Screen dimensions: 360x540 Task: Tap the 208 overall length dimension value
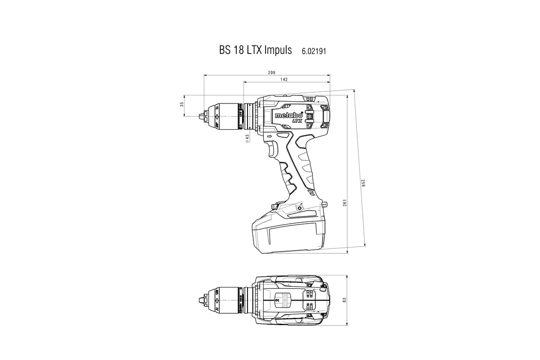(271, 72)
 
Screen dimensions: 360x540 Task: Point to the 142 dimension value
(284, 79)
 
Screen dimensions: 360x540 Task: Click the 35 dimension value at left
(182, 105)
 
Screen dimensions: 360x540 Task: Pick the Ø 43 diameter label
(247, 139)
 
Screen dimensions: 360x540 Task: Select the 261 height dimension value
(344, 204)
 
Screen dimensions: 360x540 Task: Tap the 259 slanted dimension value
(362, 184)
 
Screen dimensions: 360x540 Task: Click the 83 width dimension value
(345, 300)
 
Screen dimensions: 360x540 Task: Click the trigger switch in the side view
(273, 148)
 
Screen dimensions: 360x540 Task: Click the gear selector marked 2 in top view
(277, 298)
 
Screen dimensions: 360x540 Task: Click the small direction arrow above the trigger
(270, 136)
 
